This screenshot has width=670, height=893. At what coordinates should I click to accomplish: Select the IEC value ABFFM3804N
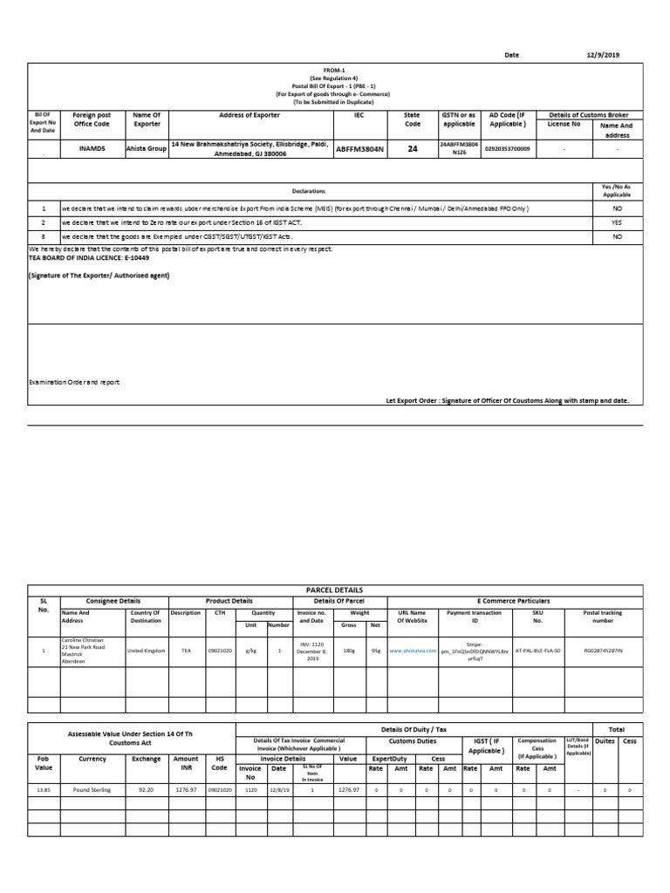(359, 149)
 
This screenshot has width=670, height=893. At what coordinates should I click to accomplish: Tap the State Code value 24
(413, 149)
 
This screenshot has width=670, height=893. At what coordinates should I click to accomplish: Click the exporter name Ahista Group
(146, 149)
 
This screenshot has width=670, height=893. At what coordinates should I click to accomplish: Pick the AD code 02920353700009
(507, 149)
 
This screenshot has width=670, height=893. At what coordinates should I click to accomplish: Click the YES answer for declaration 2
(617, 222)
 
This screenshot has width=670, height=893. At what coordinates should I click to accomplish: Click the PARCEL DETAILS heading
(335, 589)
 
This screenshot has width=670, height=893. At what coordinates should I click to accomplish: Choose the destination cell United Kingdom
(145, 651)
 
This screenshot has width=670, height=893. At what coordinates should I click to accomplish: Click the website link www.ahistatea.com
(413, 651)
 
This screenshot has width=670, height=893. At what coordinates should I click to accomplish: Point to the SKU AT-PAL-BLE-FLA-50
(537, 651)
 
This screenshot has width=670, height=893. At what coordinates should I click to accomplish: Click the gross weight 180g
(349, 651)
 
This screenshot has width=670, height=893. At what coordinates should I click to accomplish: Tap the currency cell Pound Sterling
(92, 788)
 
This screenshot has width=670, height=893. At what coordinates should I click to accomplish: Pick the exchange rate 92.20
(147, 788)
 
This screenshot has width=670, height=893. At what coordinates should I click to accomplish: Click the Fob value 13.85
(43, 788)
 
